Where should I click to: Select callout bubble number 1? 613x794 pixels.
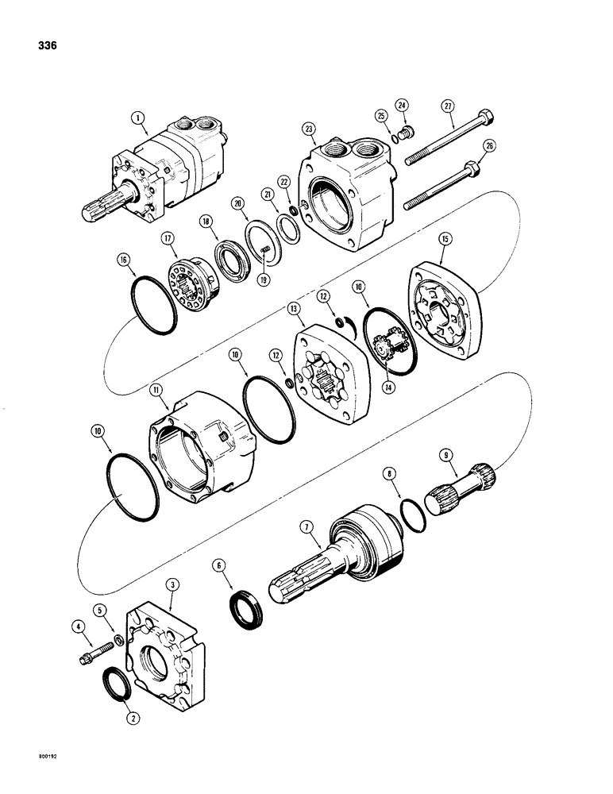[x=140, y=119]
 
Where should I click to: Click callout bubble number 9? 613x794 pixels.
[x=446, y=456]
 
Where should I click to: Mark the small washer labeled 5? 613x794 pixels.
[x=118, y=641]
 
